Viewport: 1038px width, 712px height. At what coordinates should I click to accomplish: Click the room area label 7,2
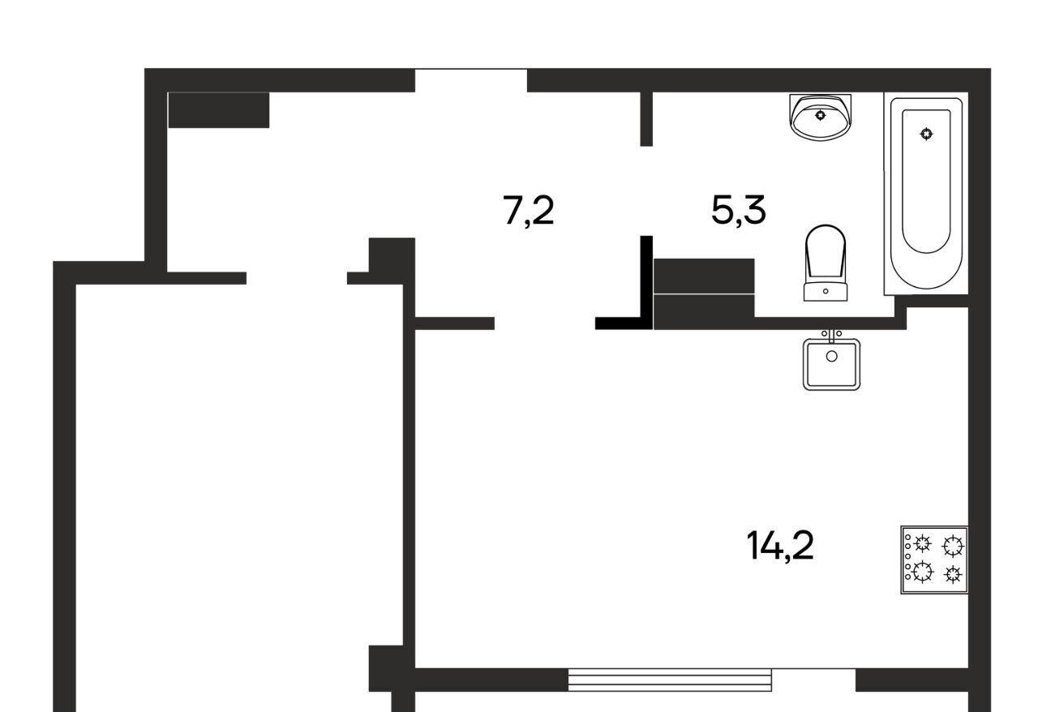(528, 212)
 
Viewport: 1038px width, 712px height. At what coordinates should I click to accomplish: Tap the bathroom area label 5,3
(739, 211)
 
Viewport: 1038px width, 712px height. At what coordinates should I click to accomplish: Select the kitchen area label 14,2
(780, 546)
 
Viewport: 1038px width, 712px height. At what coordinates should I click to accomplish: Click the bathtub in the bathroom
(926, 193)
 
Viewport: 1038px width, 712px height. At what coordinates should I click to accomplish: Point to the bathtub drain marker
(926, 134)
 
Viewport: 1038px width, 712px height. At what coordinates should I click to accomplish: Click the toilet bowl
(826, 253)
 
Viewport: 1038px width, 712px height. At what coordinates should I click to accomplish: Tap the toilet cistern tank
(826, 292)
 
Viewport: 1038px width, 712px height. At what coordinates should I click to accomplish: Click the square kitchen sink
(832, 364)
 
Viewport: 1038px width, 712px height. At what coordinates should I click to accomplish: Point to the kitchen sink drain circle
(832, 356)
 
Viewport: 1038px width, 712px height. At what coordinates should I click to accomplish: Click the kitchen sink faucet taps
(832, 335)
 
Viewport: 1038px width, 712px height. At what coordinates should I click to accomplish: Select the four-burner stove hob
(934, 560)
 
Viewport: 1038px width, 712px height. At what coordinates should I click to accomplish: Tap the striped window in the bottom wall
(670, 680)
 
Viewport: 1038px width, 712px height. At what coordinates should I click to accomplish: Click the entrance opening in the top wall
(471, 80)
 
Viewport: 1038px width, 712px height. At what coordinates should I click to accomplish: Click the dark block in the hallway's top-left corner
(219, 110)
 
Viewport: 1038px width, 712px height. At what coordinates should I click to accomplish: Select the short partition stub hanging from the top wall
(646, 119)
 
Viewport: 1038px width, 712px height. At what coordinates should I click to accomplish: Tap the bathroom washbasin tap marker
(821, 114)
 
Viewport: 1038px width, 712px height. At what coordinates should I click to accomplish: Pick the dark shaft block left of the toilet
(704, 294)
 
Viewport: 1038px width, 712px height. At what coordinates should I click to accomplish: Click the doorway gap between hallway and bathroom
(646, 191)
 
